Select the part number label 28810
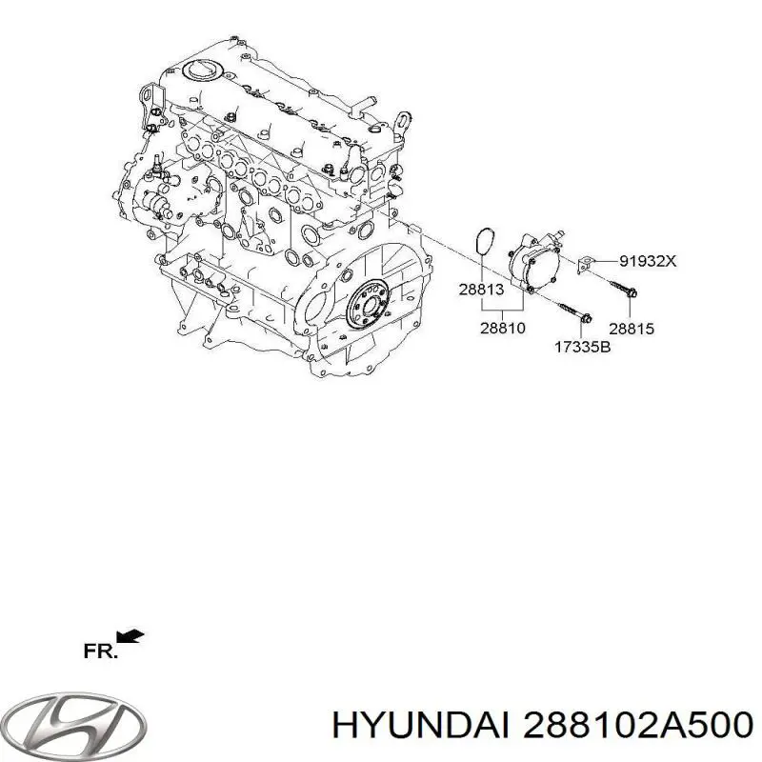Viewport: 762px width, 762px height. [502, 327]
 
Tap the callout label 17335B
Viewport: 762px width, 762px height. [582, 347]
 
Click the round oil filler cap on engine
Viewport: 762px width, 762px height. [200, 71]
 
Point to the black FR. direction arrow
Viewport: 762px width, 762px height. [130, 635]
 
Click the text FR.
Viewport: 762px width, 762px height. [100, 652]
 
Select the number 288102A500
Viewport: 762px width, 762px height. [632, 725]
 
